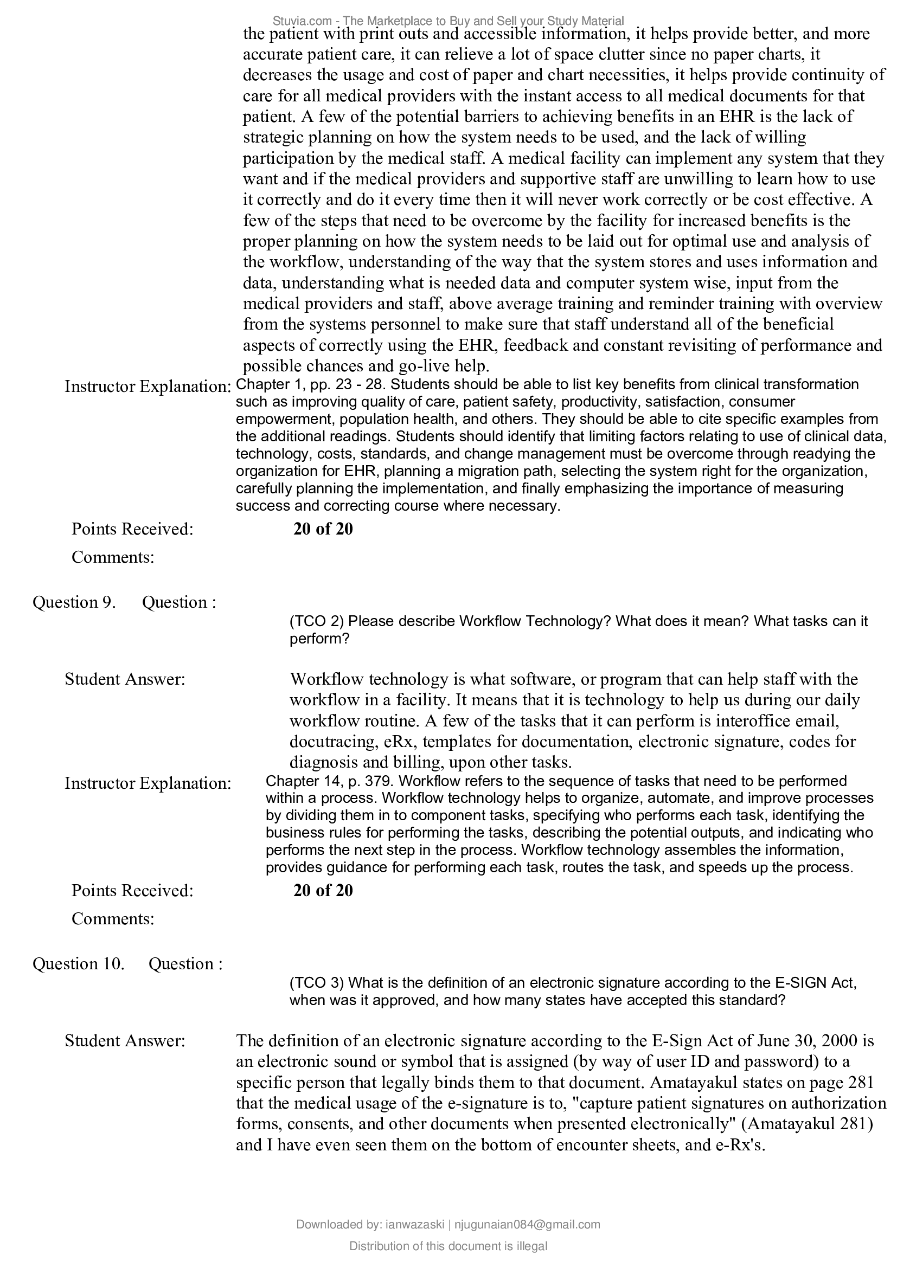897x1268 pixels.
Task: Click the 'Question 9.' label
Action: (74, 602)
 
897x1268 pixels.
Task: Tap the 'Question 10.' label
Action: (79, 964)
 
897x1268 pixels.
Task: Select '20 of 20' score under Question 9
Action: (323, 890)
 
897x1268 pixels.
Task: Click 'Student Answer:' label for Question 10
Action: (125, 1041)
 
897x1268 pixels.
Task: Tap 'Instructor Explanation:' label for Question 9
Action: (148, 783)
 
